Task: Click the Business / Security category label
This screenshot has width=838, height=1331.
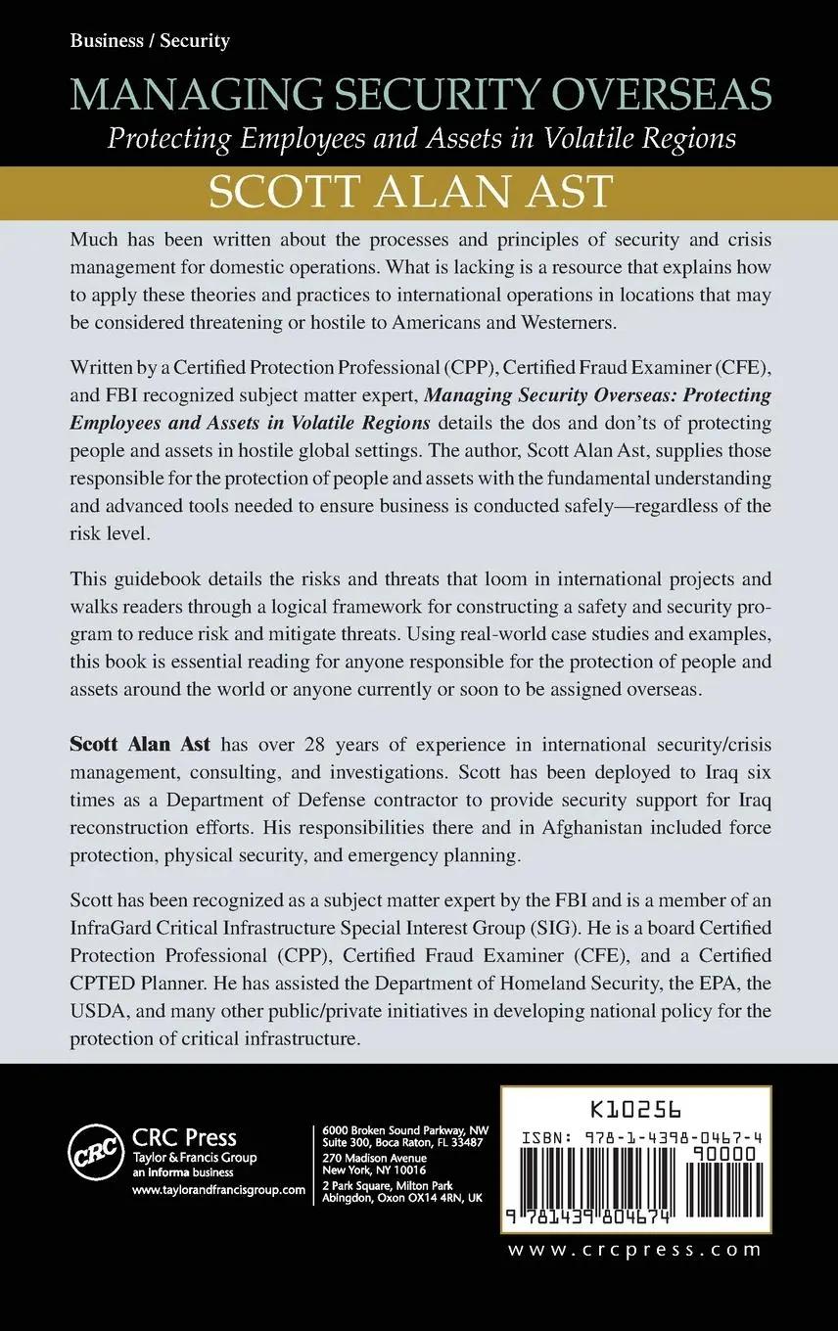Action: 150,41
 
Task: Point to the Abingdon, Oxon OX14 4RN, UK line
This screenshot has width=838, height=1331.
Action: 402,1197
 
